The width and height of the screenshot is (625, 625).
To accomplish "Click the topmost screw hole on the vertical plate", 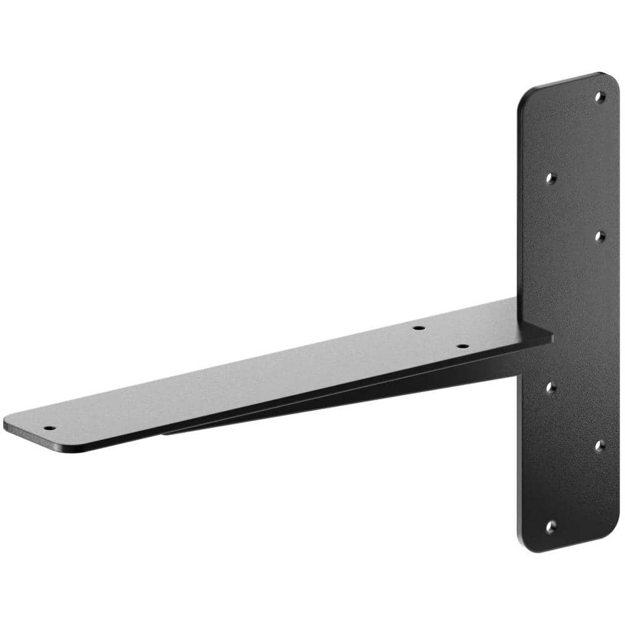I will pyautogui.click(x=599, y=97).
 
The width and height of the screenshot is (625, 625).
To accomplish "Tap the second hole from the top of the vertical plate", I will pyautogui.click(x=550, y=179).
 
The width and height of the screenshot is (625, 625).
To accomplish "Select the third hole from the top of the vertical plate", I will pyautogui.click(x=599, y=236).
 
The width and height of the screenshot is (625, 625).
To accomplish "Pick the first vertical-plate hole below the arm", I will pyautogui.click(x=550, y=387).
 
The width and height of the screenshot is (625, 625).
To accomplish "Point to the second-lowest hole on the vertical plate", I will pyautogui.click(x=599, y=445).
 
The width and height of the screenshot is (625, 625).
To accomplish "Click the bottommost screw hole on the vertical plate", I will pyautogui.click(x=550, y=527).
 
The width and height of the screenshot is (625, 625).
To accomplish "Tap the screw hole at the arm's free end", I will pyautogui.click(x=49, y=429).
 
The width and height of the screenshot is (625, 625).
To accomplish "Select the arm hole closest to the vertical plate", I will pyautogui.click(x=462, y=346).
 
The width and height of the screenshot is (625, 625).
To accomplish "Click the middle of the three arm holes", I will pyautogui.click(x=418, y=327).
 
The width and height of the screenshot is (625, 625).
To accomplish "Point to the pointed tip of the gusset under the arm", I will pyautogui.click(x=166, y=432).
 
